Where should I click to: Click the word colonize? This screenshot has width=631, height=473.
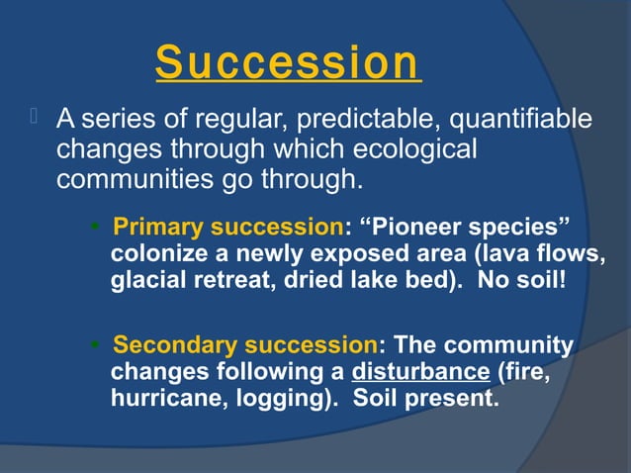(x=155, y=253)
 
